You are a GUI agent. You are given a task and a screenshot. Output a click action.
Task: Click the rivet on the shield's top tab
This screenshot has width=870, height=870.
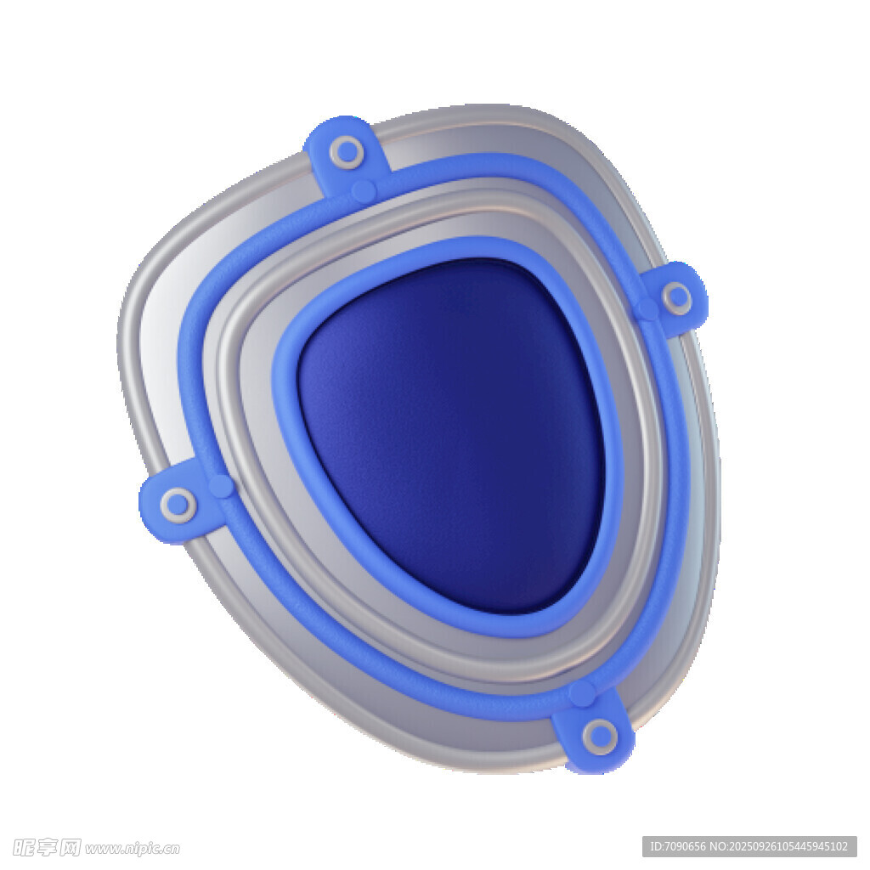[x=347, y=151]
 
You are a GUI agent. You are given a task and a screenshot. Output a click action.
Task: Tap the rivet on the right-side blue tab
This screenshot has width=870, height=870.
[x=677, y=297]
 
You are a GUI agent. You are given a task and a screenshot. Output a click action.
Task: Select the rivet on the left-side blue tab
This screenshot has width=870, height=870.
[x=178, y=505]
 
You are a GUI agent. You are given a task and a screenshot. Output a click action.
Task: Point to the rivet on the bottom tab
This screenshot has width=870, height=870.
[x=600, y=737]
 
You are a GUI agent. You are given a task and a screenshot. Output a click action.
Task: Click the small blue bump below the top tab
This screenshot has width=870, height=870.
[x=364, y=191]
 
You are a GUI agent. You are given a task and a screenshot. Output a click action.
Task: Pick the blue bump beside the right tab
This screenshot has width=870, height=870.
[x=647, y=308]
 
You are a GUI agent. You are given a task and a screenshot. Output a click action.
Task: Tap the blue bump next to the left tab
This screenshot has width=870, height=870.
[x=221, y=486]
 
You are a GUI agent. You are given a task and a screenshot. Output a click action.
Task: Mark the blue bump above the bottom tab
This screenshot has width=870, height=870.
[x=582, y=694]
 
